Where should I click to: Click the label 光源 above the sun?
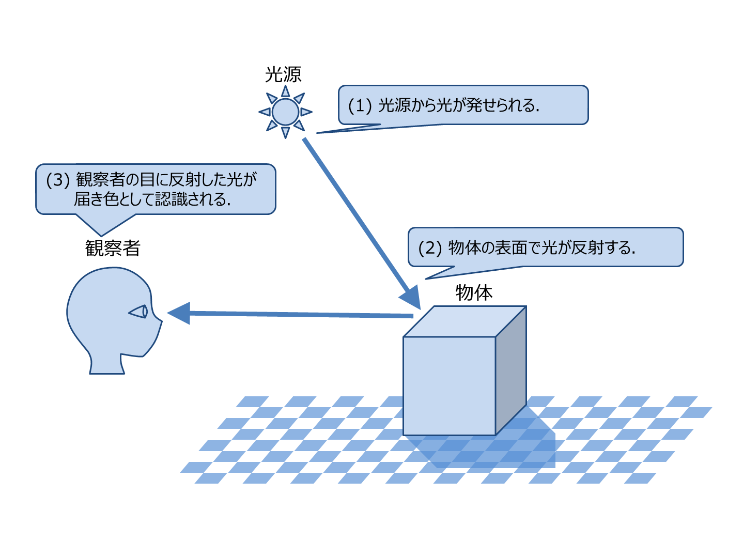pyautogui.click(x=283, y=74)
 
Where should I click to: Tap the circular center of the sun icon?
pyautogui.click(x=285, y=112)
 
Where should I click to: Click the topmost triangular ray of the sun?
pyautogui.click(x=285, y=91)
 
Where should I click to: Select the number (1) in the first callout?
pyautogui.click(x=360, y=105)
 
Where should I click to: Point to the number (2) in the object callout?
pyautogui.click(x=430, y=247)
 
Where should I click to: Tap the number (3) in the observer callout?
pyautogui.click(x=57, y=180)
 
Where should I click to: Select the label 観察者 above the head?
pyautogui.click(x=113, y=249)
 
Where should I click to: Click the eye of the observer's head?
pyautogui.click(x=139, y=312)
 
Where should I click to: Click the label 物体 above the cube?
pyautogui.click(x=474, y=293)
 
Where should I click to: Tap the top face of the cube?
pyautogui.click(x=464, y=321)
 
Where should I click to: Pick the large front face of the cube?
pyautogui.click(x=449, y=385)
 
